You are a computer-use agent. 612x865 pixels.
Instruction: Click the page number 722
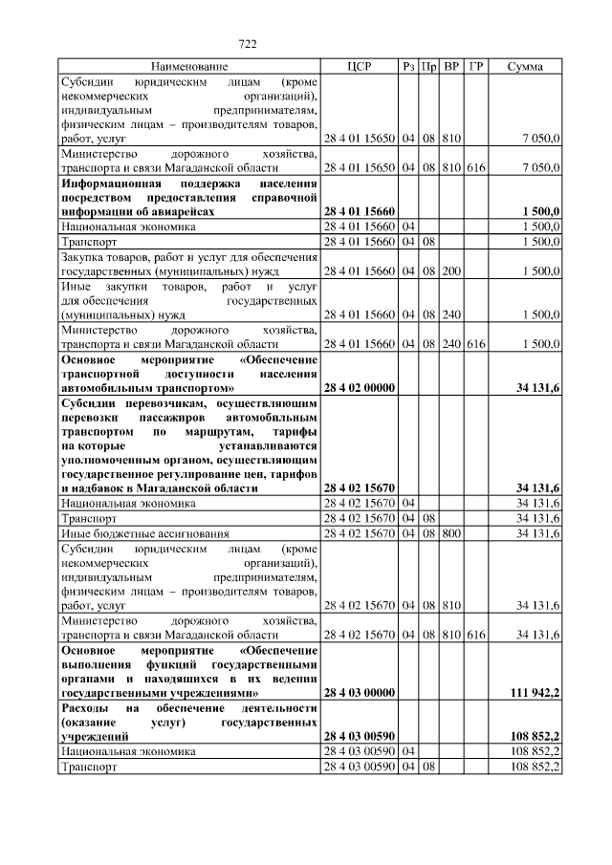(248, 43)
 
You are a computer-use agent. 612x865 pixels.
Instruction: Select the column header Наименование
(188, 67)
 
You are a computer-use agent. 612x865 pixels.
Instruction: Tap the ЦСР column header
(359, 67)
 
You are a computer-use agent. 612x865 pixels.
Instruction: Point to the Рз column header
(408, 67)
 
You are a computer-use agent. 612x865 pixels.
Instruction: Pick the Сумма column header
(525, 67)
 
